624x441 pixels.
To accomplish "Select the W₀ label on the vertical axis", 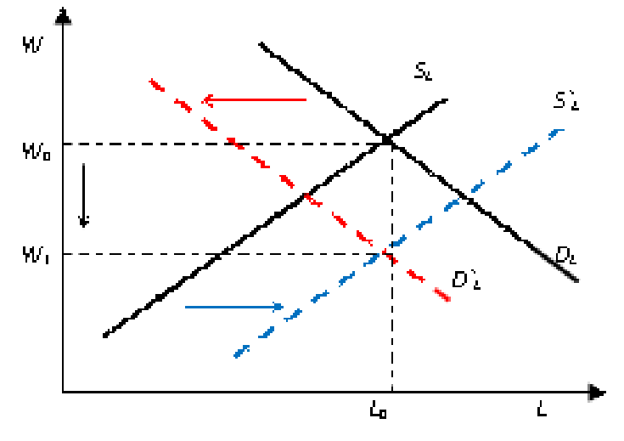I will (36, 152).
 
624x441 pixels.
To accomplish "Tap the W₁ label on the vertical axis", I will (36, 254).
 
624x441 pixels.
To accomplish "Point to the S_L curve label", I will (424, 71).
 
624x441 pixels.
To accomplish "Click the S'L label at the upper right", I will (565, 101).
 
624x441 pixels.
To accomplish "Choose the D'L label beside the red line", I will (467, 280).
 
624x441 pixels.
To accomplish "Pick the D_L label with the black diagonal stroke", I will (566, 254).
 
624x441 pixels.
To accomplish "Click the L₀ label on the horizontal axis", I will (379, 412).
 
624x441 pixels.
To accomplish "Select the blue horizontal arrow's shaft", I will (229, 307).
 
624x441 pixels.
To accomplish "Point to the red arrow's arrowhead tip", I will (203, 100).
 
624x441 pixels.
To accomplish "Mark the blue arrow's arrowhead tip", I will (284, 307).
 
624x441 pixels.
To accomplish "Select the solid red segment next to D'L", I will (441, 293).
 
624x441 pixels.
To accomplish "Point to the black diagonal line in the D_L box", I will (556, 264).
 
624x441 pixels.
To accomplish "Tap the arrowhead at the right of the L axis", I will (593, 392).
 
